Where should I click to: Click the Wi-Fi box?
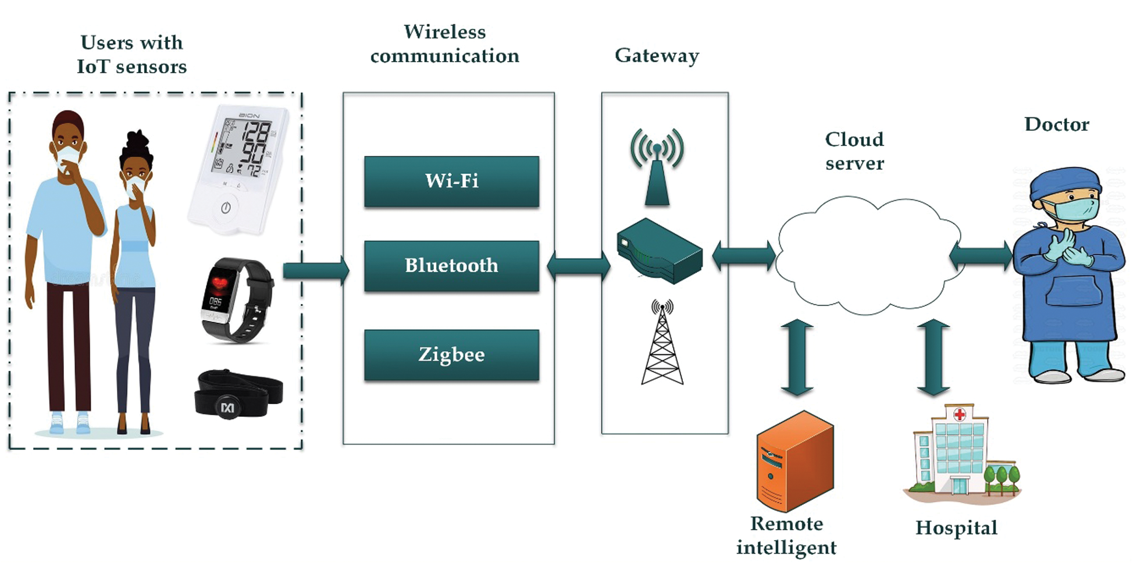coord(451,181)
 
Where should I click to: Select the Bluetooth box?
coord(451,266)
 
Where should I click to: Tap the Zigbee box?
coord(451,355)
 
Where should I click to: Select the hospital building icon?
coord(960,454)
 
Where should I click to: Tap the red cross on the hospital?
coord(960,415)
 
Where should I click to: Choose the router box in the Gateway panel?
coord(659,251)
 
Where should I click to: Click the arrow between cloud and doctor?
coord(981,256)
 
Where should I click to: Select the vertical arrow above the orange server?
coord(797,357)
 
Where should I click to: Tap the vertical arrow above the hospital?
coord(934,357)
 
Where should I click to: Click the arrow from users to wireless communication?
coord(316,270)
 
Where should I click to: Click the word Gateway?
coord(657,56)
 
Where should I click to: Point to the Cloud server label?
coord(854,151)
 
